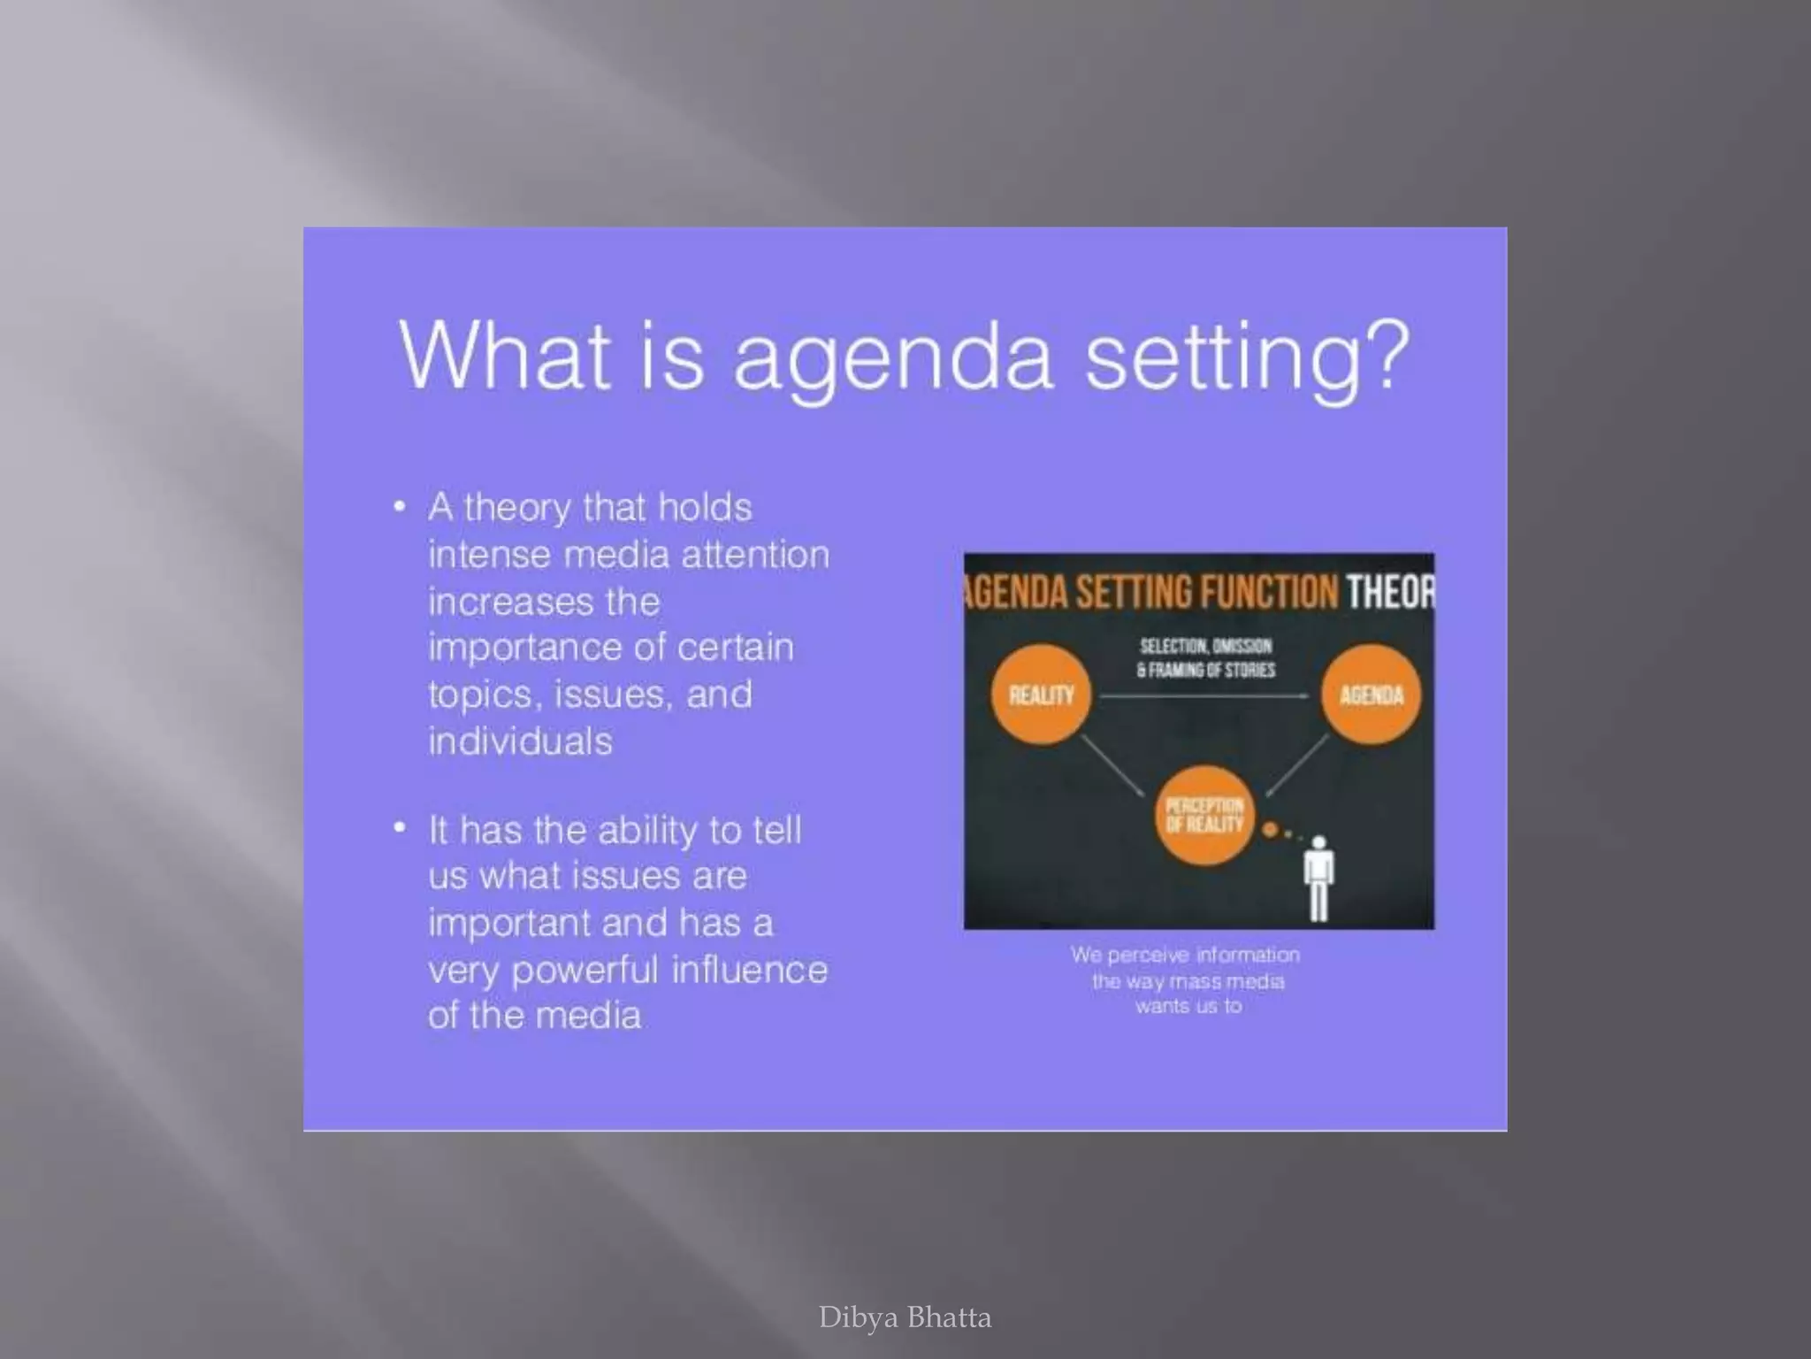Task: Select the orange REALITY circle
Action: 1041,695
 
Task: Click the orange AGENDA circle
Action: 1371,695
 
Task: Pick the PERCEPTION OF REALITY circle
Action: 1204,815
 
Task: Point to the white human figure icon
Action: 1318,878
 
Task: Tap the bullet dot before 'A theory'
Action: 400,507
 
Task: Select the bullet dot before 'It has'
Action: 400,828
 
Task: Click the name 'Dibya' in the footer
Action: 857,1317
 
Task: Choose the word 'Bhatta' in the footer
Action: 949,1317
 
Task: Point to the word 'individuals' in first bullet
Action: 520,741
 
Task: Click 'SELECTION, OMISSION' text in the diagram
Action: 1205,646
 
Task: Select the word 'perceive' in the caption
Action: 1148,956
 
